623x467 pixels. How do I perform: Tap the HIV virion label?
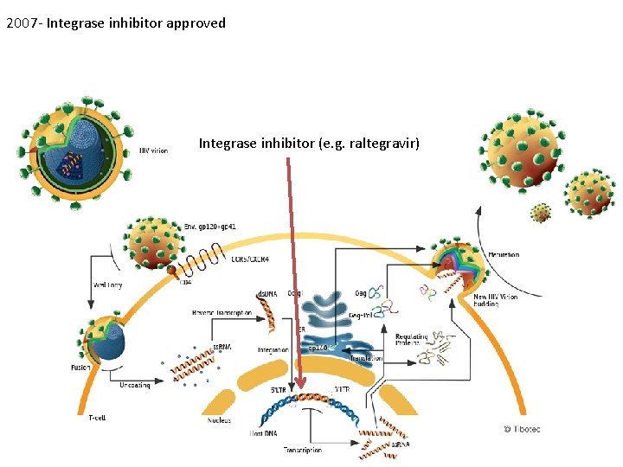[x=153, y=150]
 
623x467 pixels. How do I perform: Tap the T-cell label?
[x=97, y=419]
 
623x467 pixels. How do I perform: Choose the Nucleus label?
[x=219, y=421]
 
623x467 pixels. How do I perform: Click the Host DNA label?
[x=263, y=432]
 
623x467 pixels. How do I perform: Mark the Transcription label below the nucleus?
[x=302, y=450]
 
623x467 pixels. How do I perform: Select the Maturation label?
[x=504, y=255]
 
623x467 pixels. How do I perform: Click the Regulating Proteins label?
[x=413, y=340]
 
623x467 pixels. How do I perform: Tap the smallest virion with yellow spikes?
[x=541, y=213]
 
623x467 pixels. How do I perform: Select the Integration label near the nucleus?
[x=273, y=350]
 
